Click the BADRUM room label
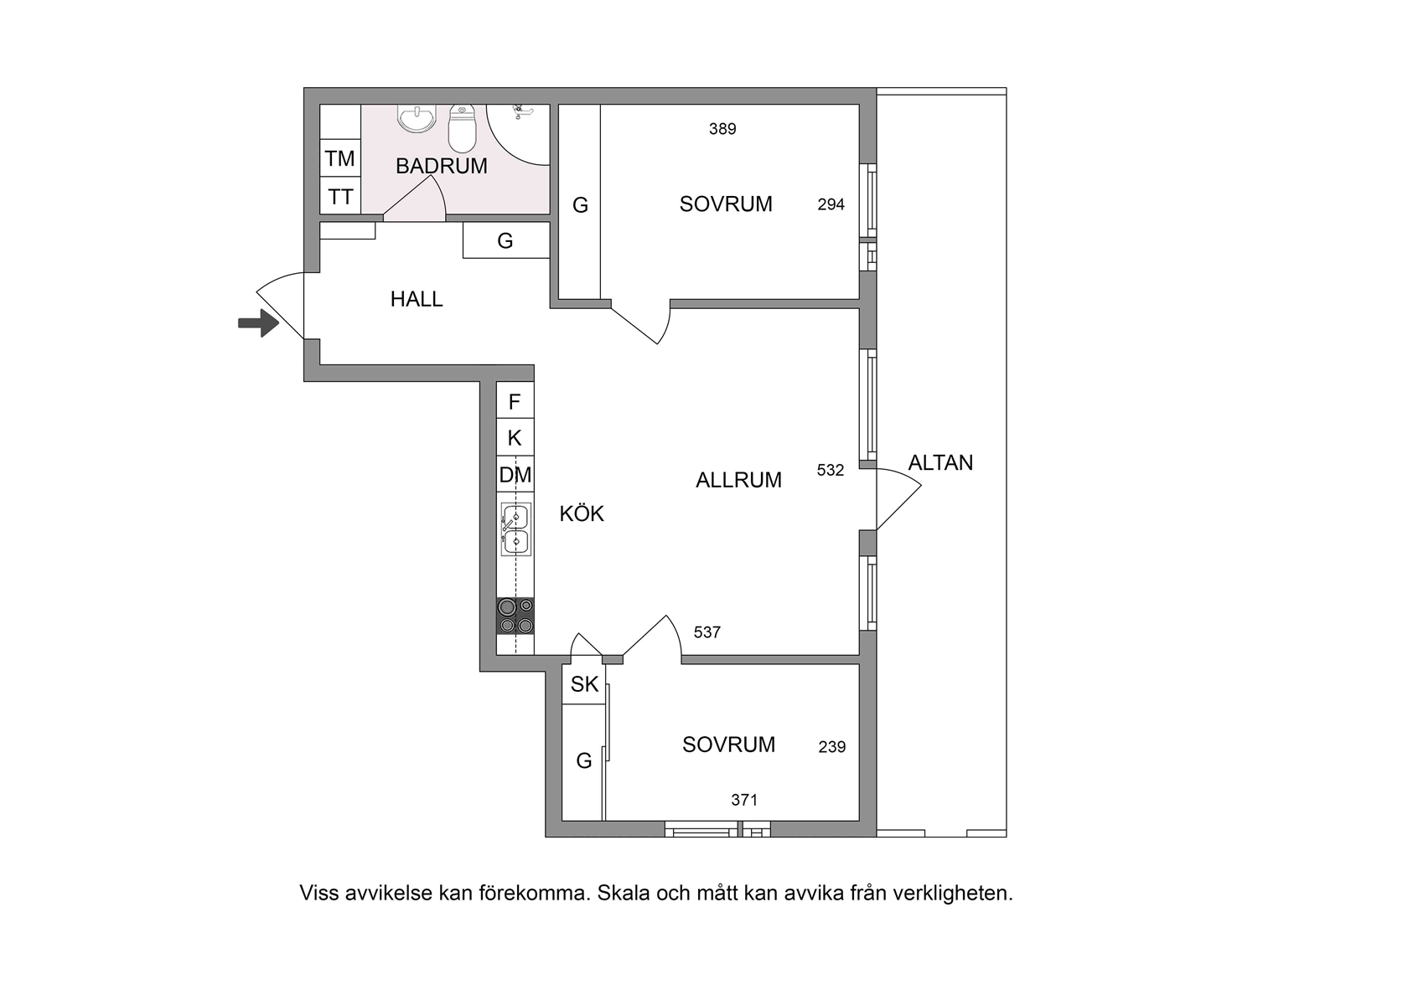click(441, 166)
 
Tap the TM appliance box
click(340, 158)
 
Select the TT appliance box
click(340, 196)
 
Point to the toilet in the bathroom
click(462, 129)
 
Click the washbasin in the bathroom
click(417, 119)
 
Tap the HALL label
click(416, 299)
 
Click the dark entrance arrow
click(258, 323)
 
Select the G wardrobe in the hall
click(506, 240)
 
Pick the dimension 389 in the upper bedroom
click(722, 129)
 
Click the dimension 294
click(831, 204)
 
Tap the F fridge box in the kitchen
click(515, 400)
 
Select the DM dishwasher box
click(515, 474)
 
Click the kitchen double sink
click(515, 529)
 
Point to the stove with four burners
click(515, 616)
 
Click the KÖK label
click(582, 514)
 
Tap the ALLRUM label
click(738, 480)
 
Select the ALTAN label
click(940, 463)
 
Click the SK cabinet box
click(584, 684)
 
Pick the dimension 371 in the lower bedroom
click(744, 800)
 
